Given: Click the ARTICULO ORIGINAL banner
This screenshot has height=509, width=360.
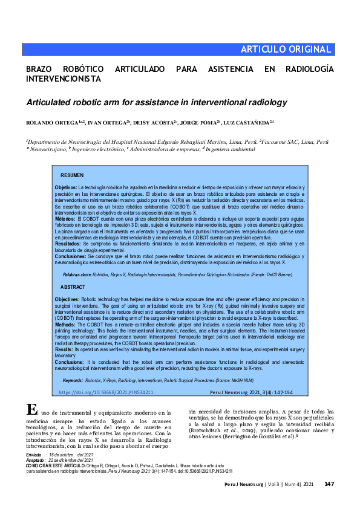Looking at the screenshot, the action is click(x=286, y=50).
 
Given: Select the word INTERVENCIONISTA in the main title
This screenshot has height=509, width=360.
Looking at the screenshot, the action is click(x=63, y=79).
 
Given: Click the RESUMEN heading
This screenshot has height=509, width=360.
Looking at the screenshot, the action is click(x=73, y=175).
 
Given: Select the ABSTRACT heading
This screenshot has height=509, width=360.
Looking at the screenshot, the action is click(x=73, y=287).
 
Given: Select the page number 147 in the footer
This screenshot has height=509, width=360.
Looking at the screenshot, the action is click(x=330, y=484).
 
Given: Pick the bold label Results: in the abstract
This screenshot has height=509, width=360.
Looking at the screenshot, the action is click(x=64, y=349).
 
